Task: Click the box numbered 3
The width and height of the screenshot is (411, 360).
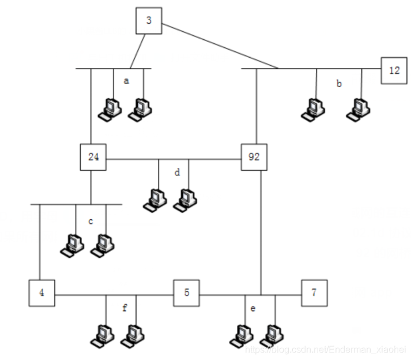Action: [x=149, y=21]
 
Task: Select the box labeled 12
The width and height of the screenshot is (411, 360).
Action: [x=394, y=70]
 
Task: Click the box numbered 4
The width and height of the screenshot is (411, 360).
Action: [x=42, y=293]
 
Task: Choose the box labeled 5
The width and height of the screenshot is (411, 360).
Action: [x=186, y=293]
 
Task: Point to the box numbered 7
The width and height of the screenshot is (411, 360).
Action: [x=314, y=293]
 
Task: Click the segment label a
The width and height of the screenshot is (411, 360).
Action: [x=126, y=81]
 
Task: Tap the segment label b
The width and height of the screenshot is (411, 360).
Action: [x=339, y=84]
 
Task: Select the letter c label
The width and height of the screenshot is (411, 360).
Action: [x=91, y=221]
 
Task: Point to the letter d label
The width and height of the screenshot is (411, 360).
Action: [x=178, y=171]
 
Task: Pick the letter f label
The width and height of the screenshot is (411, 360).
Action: [x=125, y=308]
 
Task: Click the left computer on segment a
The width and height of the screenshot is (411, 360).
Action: [x=110, y=108]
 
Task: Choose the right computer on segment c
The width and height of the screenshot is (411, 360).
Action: [x=103, y=245]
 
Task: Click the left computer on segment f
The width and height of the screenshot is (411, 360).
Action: [x=104, y=335]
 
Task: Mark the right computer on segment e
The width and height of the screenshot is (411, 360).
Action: [x=273, y=335]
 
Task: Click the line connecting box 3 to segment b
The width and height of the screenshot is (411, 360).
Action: [x=219, y=46]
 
